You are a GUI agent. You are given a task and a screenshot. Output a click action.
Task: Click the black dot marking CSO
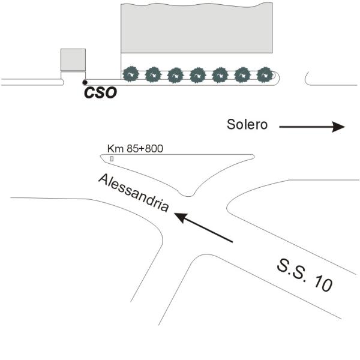(x=85, y=82)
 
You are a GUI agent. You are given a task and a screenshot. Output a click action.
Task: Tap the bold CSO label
(x=101, y=92)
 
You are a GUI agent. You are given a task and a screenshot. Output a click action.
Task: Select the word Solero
(x=247, y=124)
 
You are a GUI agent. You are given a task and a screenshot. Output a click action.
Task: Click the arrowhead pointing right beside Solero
(x=338, y=127)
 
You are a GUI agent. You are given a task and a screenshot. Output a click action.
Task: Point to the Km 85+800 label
(x=135, y=149)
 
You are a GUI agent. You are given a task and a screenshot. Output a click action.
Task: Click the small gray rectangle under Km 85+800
(x=112, y=158)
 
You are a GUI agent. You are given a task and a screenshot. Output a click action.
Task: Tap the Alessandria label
(x=134, y=193)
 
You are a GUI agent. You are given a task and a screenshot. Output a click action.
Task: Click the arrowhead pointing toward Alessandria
(x=181, y=217)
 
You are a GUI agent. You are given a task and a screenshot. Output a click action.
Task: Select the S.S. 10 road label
(x=305, y=275)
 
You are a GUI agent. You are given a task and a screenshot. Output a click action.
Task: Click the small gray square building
(x=73, y=59)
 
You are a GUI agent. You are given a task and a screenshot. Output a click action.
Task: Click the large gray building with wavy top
(x=197, y=28)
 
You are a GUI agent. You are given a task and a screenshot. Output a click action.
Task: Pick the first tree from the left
(x=131, y=74)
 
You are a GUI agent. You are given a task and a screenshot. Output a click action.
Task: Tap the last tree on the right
(x=265, y=74)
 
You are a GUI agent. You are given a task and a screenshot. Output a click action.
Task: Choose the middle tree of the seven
(x=198, y=75)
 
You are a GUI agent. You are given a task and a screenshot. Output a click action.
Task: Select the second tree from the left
(x=154, y=74)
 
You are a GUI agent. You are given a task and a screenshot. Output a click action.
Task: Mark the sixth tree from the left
(x=242, y=75)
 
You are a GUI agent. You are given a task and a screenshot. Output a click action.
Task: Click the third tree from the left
(x=176, y=75)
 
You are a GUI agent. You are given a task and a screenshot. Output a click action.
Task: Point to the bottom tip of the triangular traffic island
(x=188, y=196)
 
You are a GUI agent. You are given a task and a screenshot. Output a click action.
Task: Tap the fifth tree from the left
(x=220, y=75)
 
